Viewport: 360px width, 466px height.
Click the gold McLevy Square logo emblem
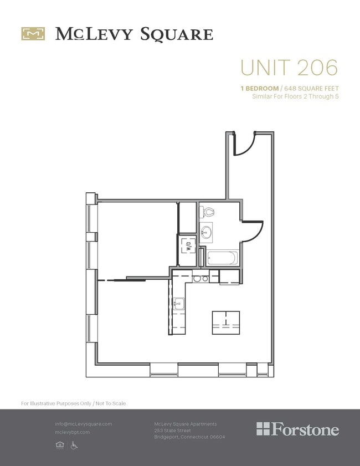click(33, 34)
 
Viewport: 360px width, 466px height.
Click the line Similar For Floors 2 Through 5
click(295, 96)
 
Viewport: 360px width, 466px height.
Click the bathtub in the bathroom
click(222, 258)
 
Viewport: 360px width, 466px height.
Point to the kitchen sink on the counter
click(178, 303)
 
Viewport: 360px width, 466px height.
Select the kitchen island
click(226, 322)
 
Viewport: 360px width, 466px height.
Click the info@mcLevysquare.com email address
click(83, 424)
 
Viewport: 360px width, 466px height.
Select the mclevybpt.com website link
click(72, 432)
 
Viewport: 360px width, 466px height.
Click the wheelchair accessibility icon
click(74, 445)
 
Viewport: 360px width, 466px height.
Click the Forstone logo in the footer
click(297, 429)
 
